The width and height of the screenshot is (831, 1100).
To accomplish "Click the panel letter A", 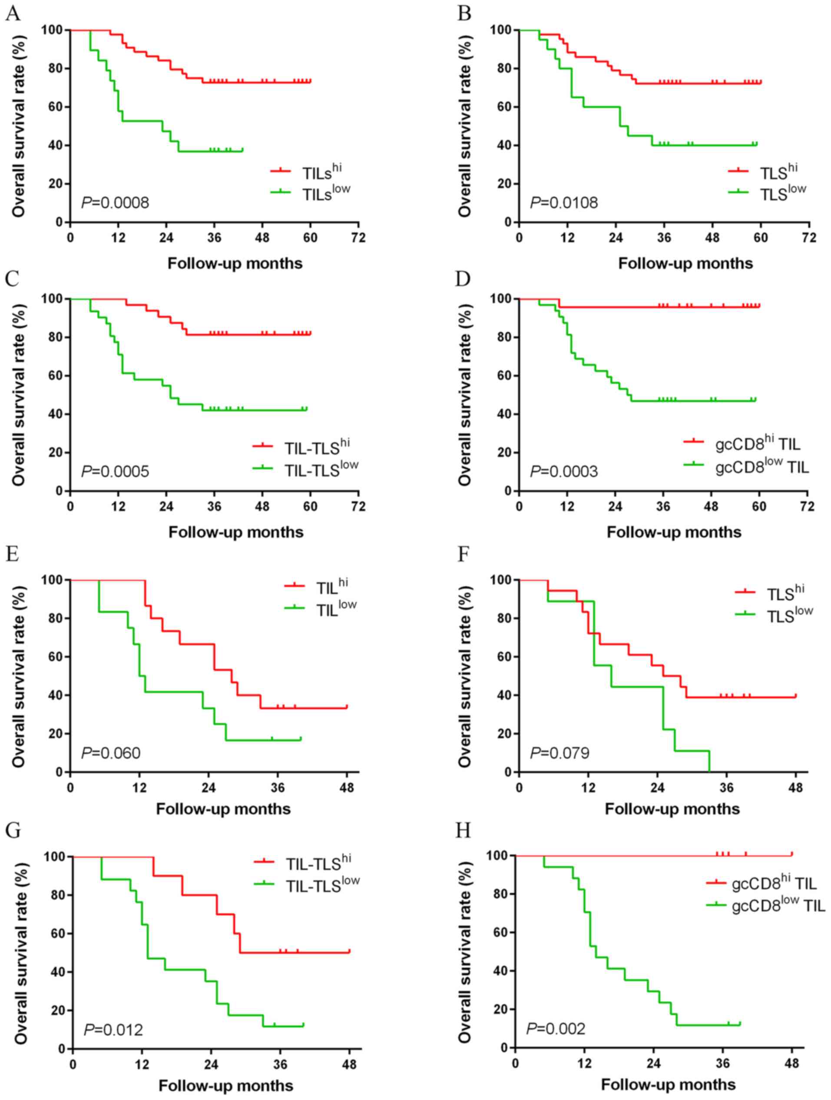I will point(13,13).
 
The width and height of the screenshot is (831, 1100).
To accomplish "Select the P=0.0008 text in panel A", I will point(115,203).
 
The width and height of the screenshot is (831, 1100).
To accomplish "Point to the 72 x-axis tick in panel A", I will point(358,238).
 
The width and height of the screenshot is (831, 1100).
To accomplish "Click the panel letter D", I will point(463,279).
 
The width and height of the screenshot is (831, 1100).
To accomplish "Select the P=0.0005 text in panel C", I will point(115,472).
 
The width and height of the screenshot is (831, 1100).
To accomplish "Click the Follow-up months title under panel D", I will point(673,532).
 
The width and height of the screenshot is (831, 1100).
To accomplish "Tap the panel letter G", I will point(13,831).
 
